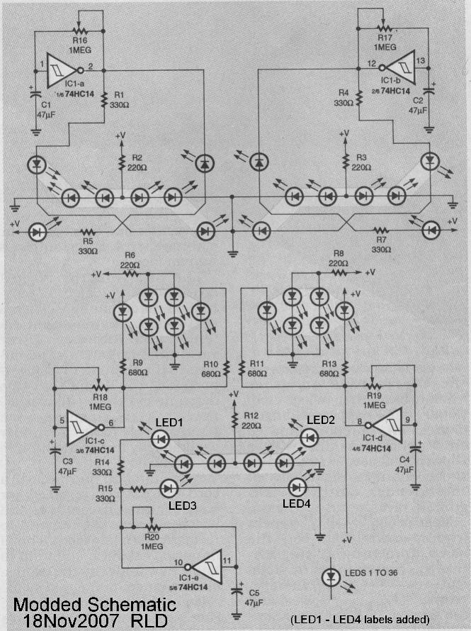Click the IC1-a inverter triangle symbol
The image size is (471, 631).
(62, 69)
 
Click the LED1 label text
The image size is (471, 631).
(170, 423)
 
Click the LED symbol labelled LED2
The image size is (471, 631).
(309, 437)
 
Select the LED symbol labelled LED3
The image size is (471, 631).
(169, 488)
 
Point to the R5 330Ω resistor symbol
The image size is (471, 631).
(87, 231)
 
